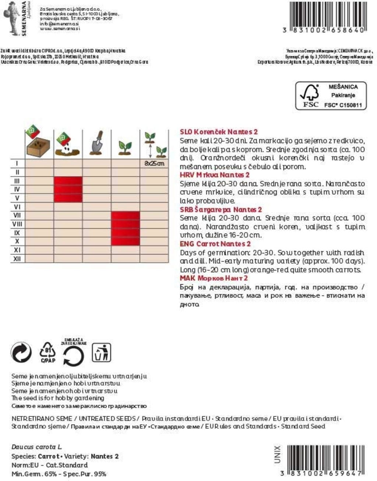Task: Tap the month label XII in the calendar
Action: pos(17,259)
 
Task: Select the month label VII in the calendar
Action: pos(17,215)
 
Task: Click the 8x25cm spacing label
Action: pos(154,163)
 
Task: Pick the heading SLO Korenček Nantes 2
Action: pos(219,132)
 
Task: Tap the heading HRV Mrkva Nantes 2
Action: pos(215,175)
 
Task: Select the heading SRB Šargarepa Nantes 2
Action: pos(221,210)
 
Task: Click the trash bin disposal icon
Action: pos(101,352)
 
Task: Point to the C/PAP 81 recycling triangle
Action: pos(48,352)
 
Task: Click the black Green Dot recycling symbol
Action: pos(21,353)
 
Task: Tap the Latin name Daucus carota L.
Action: pos(36,447)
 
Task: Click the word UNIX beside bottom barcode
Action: pos(278,454)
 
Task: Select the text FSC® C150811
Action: pos(343,105)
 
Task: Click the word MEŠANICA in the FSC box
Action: pos(343,87)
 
